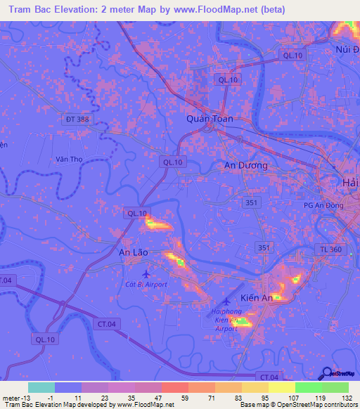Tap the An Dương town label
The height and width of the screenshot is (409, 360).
pos(245,165)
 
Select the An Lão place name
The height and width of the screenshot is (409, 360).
pos(132,251)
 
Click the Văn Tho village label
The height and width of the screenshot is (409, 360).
pos(70,160)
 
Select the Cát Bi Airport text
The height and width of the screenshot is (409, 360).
pos(146,284)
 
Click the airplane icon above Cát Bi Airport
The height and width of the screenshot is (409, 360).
pos(146,273)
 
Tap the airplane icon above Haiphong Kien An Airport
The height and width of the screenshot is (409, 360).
pos(226,301)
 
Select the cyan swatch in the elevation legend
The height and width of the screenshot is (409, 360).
pos(41,387)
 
